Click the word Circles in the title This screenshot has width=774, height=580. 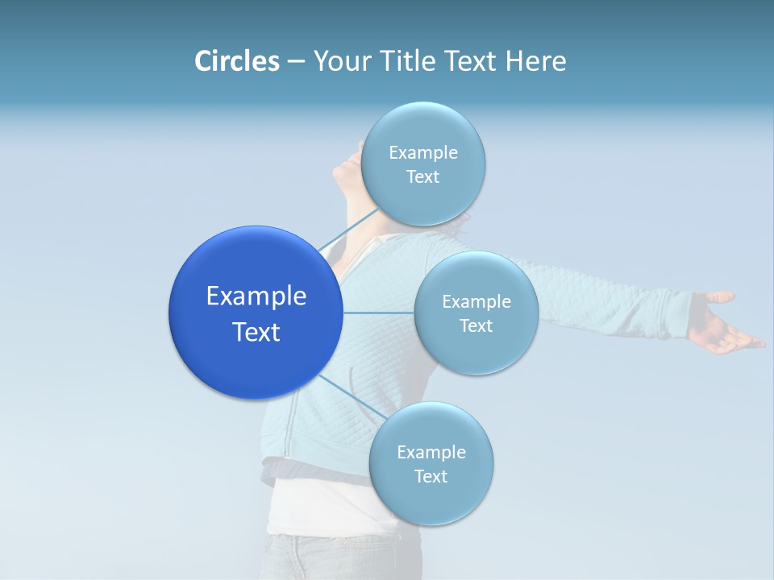[236, 61]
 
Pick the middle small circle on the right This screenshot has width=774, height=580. [476, 346]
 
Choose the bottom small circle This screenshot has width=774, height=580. [431, 499]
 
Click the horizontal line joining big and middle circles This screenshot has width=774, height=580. [378, 313]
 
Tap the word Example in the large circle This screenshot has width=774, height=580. [256, 296]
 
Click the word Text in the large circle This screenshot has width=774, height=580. [256, 332]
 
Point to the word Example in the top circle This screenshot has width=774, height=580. [422, 153]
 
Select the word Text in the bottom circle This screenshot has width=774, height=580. [431, 476]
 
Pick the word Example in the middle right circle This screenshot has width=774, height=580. [476, 302]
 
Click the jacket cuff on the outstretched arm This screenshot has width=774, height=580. [677, 317]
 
